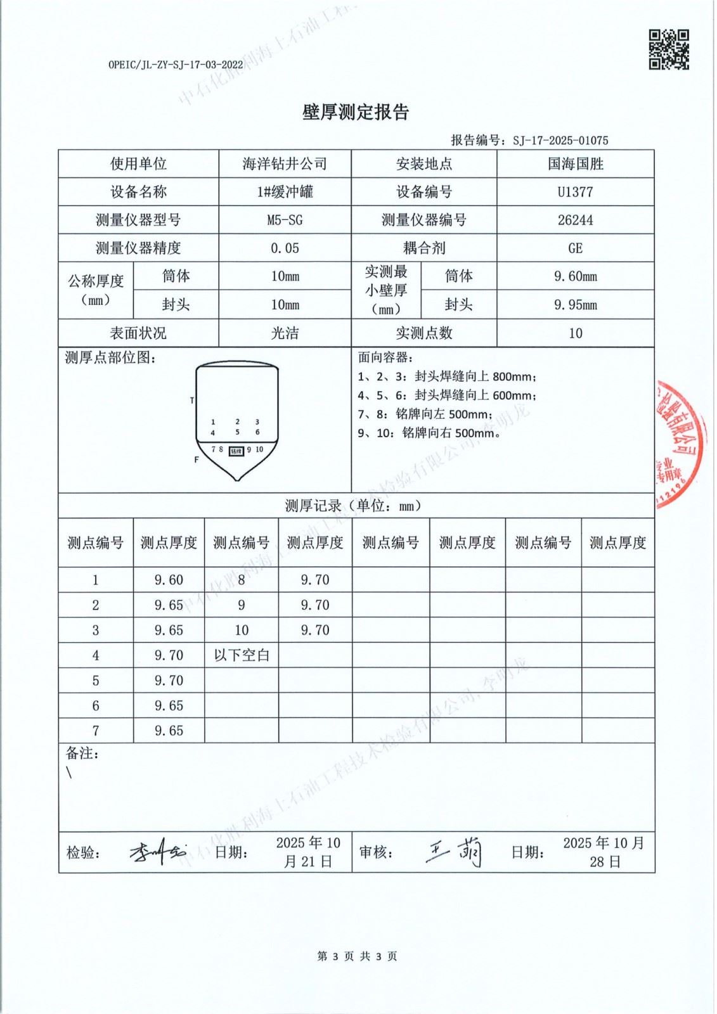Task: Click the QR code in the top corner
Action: coord(668,49)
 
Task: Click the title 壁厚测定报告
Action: coord(356,112)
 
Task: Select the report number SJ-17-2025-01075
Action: coord(560,141)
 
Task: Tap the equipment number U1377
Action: coord(575,192)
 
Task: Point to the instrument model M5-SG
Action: coord(285,220)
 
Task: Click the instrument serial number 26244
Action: coord(575,220)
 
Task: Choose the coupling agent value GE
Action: coord(575,248)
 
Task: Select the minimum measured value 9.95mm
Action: coord(575,305)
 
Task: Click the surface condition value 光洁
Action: coord(285,333)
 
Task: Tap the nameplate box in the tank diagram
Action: coord(236,451)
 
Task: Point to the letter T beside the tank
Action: coord(192,401)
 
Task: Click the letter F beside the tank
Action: coord(197,459)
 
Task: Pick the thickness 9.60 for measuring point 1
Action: coord(169,580)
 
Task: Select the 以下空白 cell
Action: coord(242,655)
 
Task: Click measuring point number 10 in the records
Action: coord(242,631)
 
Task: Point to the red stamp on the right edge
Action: coord(680,443)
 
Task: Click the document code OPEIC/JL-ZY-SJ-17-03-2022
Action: coord(176,65)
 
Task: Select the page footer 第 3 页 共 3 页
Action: coord(357,956)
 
